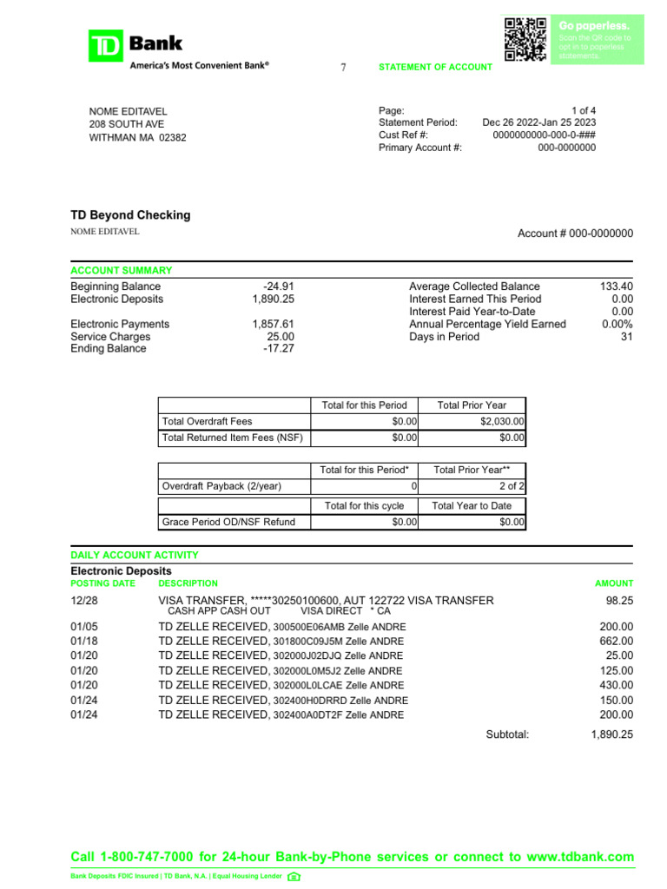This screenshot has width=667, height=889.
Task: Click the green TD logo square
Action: tap(106, 46)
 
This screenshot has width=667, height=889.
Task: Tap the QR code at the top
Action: tap(525, 38)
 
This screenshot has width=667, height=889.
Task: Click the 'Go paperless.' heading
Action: tap(594, 26)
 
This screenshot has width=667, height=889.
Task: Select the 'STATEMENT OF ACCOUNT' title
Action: tap(435, 68)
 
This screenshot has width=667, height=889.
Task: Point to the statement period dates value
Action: tap(539, 123)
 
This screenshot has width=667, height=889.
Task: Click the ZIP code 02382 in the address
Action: tap(172, 137)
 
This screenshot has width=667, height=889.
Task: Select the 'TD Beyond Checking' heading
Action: tap(130, 215)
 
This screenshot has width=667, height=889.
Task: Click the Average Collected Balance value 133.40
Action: tap(616, 286)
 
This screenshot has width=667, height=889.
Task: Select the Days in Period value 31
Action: tap(626, 337)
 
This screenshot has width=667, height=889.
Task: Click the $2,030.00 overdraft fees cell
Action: tap(502, 421)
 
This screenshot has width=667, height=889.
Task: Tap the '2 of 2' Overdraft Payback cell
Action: tap(511, 486)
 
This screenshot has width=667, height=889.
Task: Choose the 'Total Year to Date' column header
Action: tap(472, 506)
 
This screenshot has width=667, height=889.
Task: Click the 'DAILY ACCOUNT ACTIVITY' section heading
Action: tap(135, 555)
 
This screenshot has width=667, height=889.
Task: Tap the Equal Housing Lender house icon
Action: tap(294, 876)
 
